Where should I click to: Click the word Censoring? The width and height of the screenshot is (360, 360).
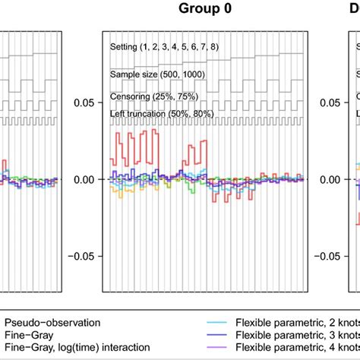tap(128, 98)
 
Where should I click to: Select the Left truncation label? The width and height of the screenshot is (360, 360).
tap(138, 114)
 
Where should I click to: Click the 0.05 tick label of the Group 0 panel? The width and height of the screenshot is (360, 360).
tap(84, 103)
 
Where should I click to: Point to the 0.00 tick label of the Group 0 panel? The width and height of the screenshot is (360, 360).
tap(84, 180)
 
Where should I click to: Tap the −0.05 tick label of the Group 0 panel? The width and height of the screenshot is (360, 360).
tap(81, 257)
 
